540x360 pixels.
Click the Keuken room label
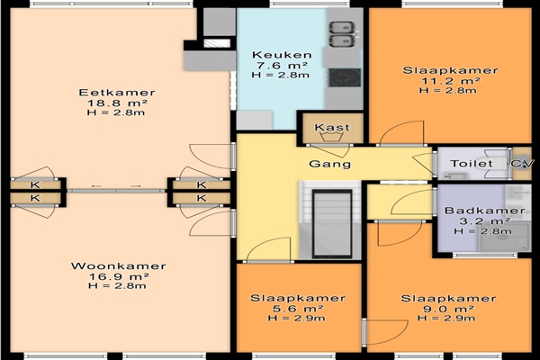(x=282, y=55)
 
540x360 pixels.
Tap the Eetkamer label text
(x=117, y=93)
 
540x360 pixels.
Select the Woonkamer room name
(x=119, y=266)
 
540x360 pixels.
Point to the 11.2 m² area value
(x=451, y=81)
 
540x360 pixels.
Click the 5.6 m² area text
(x=298, y=309)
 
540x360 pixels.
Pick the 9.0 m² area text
(x=448, y=309)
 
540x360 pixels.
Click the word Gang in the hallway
(x=330, y=164)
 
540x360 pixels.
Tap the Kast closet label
(x=332, y=127)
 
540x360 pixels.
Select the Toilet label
(x=471, y=163)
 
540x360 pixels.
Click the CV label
(x=521, y=163)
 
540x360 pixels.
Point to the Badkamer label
(x=485, y=211)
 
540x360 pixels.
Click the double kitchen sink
(x=342, y=34)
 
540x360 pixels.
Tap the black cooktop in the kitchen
(x=345, y=77)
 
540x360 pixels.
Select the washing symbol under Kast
(x=332, y=137)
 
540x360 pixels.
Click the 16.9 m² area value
(x=119, y=276)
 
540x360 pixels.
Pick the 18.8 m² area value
(x=117, y=103)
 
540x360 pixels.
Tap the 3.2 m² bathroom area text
(x=484, y=220)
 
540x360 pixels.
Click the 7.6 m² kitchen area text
(x=282, y=65)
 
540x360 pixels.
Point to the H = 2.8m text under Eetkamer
(x=116, y=112)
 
